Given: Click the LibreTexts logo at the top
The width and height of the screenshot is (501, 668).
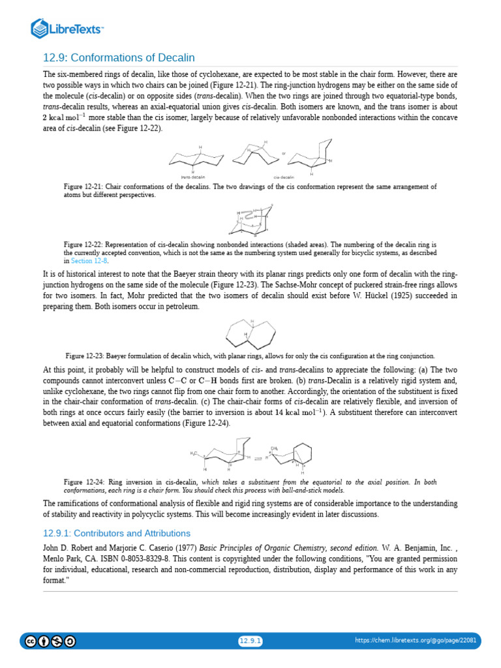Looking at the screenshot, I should (x=67, y=28).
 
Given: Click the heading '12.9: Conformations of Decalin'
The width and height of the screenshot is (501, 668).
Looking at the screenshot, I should (x=119, y=58).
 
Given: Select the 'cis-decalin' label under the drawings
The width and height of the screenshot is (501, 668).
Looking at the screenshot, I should (x=284, y=177).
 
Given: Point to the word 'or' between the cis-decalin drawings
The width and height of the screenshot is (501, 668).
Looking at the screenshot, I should (x=284, y=155).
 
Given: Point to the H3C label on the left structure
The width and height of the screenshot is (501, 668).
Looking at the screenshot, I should (x=194, y=453).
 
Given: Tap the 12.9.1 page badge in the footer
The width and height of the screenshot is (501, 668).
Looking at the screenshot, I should (x=250, y=641).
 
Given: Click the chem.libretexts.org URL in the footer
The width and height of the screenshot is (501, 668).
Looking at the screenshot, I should (x=416, y=641).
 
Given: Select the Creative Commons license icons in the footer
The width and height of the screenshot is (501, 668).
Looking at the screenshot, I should (x=50, y=641).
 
